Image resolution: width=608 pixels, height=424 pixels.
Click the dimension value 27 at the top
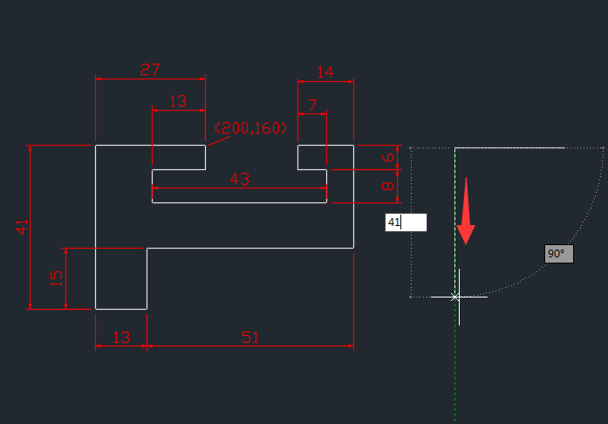[x=150, y=70]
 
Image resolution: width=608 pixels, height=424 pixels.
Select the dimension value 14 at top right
[x=325, y=72]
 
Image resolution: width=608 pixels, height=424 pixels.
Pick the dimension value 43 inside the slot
[x=240, y=178]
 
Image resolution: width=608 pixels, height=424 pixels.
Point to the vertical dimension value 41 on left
[x=23, y=227]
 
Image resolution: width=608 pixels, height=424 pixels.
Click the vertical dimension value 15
[x=57, y=278]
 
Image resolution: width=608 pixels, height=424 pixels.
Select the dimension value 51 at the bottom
[x=250, y=337]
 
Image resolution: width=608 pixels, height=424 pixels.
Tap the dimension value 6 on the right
[x=389, y=158]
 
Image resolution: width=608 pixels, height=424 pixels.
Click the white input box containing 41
[x=406, y=222]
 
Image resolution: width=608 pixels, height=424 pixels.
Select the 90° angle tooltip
[x=557, y=254]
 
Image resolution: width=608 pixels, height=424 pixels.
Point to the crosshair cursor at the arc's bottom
[x=456, y=297]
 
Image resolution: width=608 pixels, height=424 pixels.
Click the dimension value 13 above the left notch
[x=178, y=101]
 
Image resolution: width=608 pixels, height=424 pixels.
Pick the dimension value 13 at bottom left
[x=121, y=337]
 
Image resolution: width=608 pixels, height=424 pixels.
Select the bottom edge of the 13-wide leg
[x=121, y=309]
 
